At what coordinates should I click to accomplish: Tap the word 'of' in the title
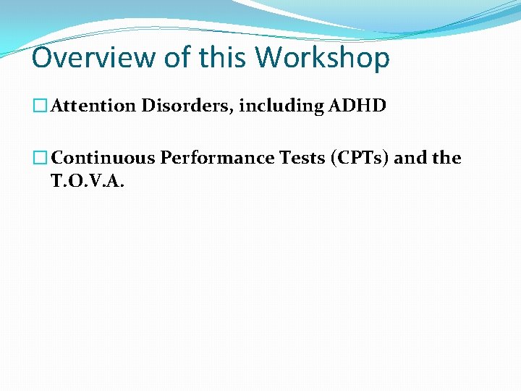[174, 58]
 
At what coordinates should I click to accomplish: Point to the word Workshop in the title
[323, 58]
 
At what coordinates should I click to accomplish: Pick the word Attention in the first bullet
[93, 106]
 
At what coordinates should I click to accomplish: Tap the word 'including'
[281, 106]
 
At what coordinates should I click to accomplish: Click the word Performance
[214, 158]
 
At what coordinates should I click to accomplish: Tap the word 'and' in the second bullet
[412, 158]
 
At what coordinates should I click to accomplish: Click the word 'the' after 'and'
[446, 158]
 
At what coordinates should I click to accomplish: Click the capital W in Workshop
[270, 58]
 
